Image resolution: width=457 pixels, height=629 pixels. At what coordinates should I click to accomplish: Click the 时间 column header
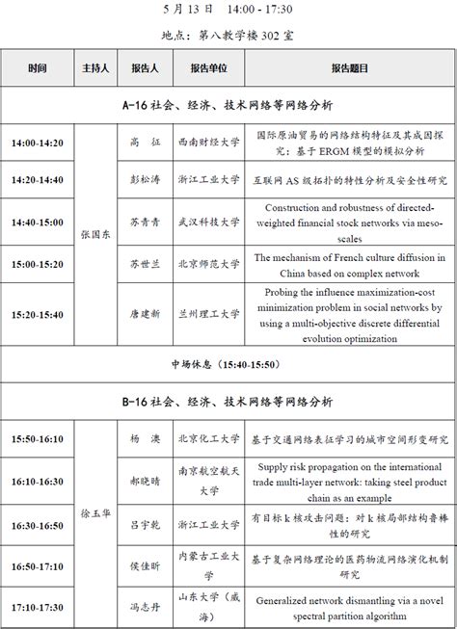coord(38,68)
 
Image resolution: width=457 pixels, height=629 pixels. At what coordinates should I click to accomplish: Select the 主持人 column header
coord(95,68)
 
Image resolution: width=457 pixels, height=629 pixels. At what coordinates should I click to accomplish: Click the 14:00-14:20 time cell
coord(38,143)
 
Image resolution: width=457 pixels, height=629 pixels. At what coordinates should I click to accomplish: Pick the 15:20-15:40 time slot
coord(38,313)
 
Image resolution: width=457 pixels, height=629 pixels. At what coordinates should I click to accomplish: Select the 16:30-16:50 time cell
coord(38,526)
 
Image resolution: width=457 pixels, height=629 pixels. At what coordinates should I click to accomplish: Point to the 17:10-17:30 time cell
coord(38,608)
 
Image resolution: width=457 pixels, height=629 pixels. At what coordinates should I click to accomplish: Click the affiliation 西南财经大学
coord(209,143)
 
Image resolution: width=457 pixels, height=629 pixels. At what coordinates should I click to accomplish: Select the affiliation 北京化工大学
coord(209,439)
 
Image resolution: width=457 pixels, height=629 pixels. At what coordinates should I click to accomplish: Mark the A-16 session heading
coord(228,103)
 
